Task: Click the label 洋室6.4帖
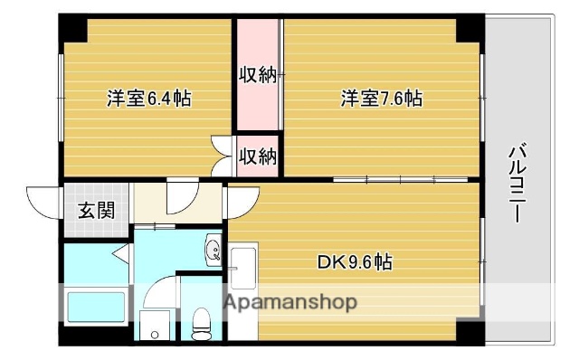(x=150, y=98)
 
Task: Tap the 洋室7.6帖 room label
(x=381, y=98)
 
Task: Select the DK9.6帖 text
(x=355, y=263)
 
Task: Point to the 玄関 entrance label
(x=95, y=211)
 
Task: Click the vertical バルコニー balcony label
(x=517, y=185)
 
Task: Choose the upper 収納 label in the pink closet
(x=257, y=76)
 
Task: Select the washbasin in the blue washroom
(x=214, y=249)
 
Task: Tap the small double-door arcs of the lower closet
(x=222, y=154)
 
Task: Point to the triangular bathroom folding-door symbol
(x=122, y=255)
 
